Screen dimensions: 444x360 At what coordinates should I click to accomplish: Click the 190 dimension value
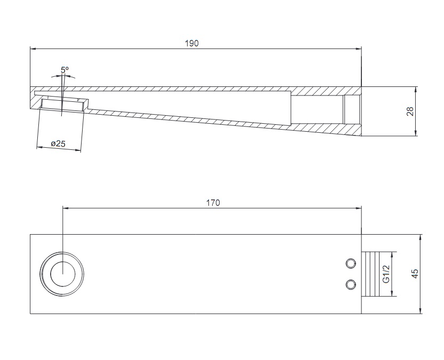192,43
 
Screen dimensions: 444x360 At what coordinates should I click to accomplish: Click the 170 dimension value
213,203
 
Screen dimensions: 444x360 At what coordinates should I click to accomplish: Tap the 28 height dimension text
410,111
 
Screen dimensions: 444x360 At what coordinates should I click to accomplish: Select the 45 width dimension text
414,273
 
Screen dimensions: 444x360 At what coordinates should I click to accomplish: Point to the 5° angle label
64,69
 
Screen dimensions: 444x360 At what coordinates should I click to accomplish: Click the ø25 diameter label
58,143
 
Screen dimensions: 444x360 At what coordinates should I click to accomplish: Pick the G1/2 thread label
386,274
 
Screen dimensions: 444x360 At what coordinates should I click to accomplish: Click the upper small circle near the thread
351,263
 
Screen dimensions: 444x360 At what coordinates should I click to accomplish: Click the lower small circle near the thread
351,284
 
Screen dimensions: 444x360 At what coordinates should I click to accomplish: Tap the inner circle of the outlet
63,274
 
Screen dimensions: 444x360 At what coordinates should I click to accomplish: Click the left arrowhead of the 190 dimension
33,49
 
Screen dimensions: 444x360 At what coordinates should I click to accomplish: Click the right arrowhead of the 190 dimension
359,49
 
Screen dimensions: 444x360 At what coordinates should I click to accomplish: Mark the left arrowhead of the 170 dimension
66,208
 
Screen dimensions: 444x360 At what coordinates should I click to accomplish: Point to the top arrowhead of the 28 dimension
415,90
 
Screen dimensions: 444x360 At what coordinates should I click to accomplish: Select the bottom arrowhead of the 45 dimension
422,311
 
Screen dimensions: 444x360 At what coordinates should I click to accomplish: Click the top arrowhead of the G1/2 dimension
392,255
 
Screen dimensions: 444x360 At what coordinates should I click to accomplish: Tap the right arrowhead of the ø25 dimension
78,149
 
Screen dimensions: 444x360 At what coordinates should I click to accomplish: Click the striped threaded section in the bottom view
370,274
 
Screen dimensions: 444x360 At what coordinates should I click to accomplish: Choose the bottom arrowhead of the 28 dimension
415,133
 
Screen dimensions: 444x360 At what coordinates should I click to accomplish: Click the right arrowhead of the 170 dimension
359,208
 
